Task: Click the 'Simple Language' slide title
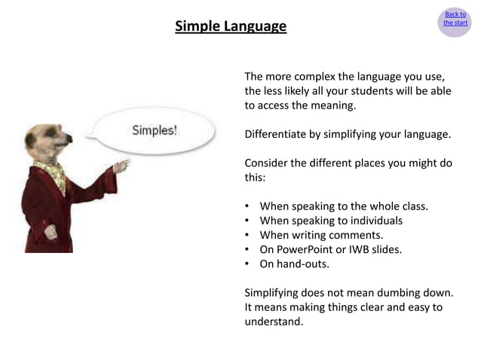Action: click(x=231, y=26)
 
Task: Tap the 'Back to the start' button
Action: click(x=455, y=19)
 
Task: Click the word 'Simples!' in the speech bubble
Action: click(x=155, y=130)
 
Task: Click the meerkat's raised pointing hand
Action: click(x=121, y=165)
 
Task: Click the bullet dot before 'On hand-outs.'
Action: click(x=248, y=264)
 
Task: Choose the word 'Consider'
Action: click(x=267, y=163)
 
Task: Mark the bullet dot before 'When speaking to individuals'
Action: click(x=248, y=221)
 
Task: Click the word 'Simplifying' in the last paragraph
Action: click(x=272, y=292)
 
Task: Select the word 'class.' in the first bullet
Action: click(x=412, y=206)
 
